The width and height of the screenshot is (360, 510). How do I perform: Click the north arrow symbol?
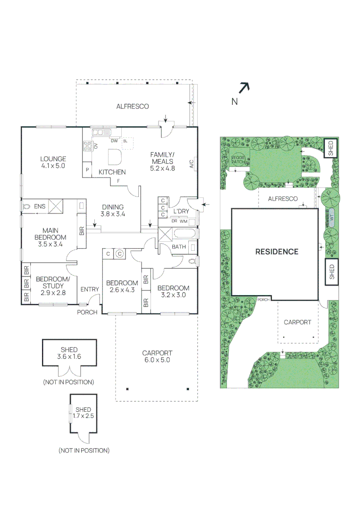pyautogui.click(x=243, y=88)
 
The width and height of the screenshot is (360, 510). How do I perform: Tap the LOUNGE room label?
pyautogui.click(x=53, y=162)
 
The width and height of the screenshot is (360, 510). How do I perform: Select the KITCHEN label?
pyautogui.click(x=112, y=172)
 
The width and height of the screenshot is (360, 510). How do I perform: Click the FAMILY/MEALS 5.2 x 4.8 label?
pyautogui.click(x=162, y=161)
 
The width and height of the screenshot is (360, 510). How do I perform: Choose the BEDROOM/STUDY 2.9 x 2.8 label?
pyautogui.click(x=52, y=286)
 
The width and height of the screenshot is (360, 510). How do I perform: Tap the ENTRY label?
pyautogui.click(x=90, y=289)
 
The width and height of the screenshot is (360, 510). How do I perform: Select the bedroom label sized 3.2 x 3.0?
pyautogui.click(x=173, y=291)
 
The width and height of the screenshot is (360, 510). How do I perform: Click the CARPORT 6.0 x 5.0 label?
pyautogui.click(x=157, y=356)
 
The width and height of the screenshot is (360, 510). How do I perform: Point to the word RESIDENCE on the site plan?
pyautogui.click(x=276, y=252)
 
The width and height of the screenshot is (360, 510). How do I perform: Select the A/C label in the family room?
pyautogui.click(x=192, y=164)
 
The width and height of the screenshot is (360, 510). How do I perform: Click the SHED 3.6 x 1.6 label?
pyautogui.click(x=69, y=353)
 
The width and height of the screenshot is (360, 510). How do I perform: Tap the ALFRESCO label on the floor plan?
pyautogui.click(x=133, y=107)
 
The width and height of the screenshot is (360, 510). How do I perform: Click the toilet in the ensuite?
pyautogui.click(x=26, y=206)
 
